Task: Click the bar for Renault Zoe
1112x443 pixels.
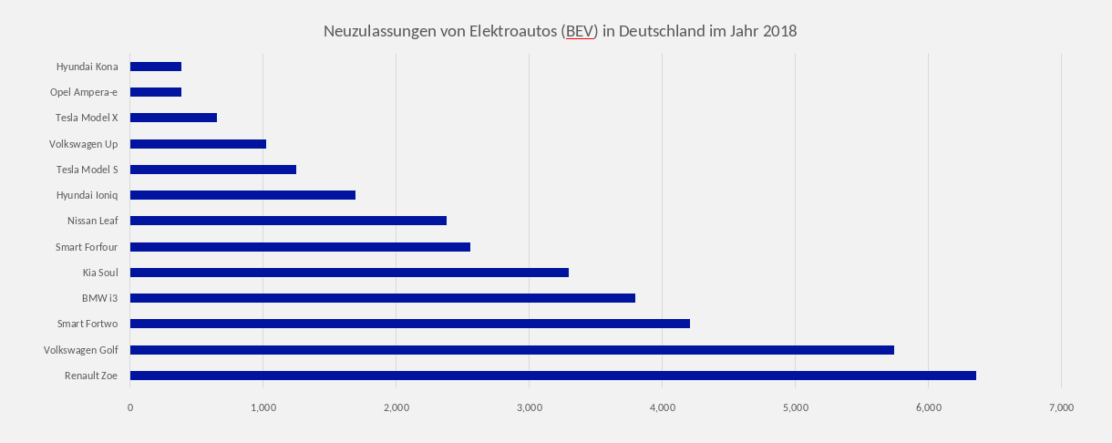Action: [x=552, y=376]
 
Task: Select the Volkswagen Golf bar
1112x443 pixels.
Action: [x=511, y=350]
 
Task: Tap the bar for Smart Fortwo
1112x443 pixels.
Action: [x=409, y=324]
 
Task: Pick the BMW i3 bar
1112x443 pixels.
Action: [x=382, y=298]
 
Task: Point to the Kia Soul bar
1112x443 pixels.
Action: [x=349, y=273]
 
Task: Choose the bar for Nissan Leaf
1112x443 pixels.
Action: [x=288, y=221]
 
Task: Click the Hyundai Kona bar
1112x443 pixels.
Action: [x=156, y=67]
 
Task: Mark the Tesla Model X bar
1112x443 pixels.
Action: [x=173, y=118]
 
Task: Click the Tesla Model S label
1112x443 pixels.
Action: [x=93, y=169]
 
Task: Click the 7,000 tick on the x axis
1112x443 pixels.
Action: [x=1061, y=407]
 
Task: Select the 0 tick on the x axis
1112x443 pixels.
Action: [x=130, y=407]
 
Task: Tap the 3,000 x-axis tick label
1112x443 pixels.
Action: [x=529, y=407]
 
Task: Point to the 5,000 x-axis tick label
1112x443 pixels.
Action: [x=795, y=407]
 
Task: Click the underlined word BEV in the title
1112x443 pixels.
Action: [x=580, y=31]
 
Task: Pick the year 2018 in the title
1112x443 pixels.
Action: [x=778, y=31]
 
